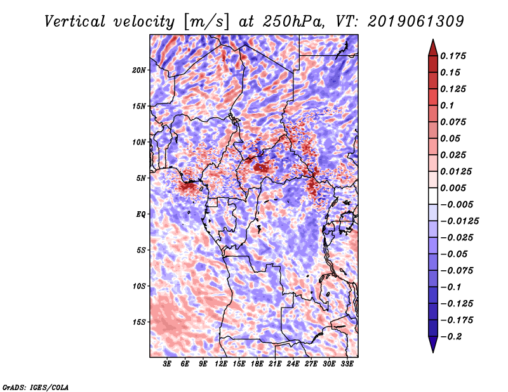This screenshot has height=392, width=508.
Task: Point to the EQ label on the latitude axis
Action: tap(141, 214)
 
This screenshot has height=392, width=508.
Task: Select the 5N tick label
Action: tap(141, 178)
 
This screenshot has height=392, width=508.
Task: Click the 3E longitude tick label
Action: tap(168, 364)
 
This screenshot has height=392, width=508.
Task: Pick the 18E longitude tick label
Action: tap(257, 364)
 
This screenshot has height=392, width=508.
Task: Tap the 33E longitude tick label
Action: tap(347, 364)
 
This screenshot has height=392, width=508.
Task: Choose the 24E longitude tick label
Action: tap(293, 364)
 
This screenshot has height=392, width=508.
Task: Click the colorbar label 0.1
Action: tap(447, 105)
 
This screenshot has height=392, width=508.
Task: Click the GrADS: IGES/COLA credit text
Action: tap(35, 386)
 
